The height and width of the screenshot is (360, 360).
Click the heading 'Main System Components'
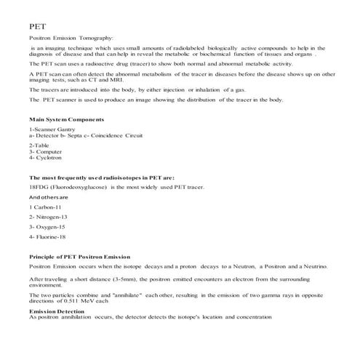tap(66, 119)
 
